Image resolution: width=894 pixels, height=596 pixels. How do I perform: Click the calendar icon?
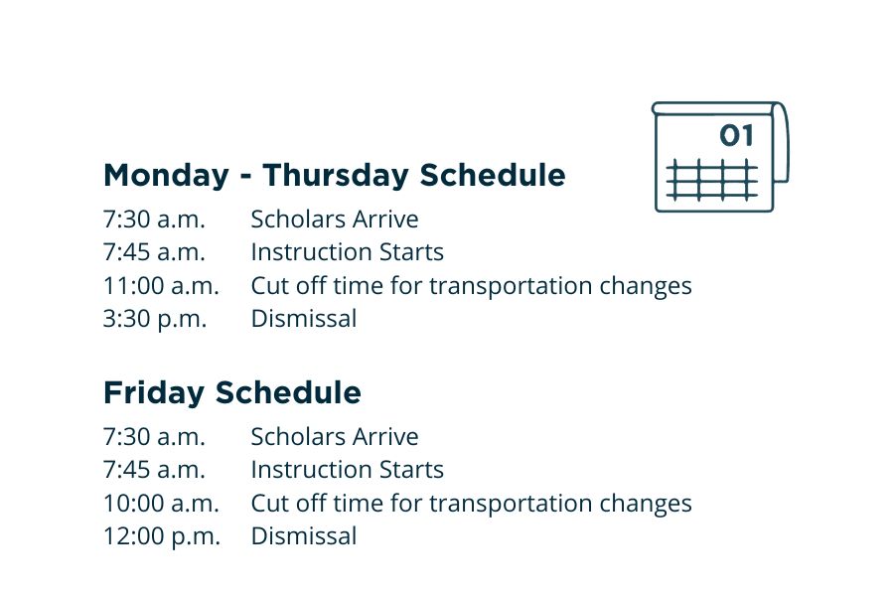[x=719, y=156]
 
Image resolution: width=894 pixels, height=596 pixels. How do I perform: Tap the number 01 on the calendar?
[x=736, y=136]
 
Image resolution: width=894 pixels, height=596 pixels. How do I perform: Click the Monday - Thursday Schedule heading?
[x=334, y=176]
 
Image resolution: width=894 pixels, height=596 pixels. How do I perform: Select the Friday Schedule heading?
[x=231, y=393]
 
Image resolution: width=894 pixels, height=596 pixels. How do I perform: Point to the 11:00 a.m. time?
[x=161, y=286]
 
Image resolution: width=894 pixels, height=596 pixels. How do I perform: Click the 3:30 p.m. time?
[x=155, y=319]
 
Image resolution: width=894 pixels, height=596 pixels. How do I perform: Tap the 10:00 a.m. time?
[x=161, y=504]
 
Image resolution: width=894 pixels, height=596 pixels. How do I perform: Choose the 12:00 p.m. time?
[x=161, y=536]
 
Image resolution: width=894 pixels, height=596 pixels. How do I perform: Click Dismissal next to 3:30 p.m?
[x=303, y=319]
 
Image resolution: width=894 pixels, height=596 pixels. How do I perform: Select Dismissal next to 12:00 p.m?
[x=303, y=536]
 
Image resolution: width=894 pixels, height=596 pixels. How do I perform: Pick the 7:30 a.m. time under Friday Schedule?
[x=154, y=437]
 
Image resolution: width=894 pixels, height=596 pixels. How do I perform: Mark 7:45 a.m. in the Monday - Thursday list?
[x=154, y=252]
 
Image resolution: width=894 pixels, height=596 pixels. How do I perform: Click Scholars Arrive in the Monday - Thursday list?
[x=334, y=220]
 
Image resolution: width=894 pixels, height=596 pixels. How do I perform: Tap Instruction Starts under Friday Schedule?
[x=347, y=470]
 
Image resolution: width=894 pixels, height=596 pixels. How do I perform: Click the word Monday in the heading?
[x=166, y=176]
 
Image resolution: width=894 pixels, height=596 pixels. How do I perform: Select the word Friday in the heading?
[x=154, y=393]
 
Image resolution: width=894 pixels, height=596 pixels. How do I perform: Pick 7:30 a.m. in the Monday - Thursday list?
[x=154, y=220]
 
